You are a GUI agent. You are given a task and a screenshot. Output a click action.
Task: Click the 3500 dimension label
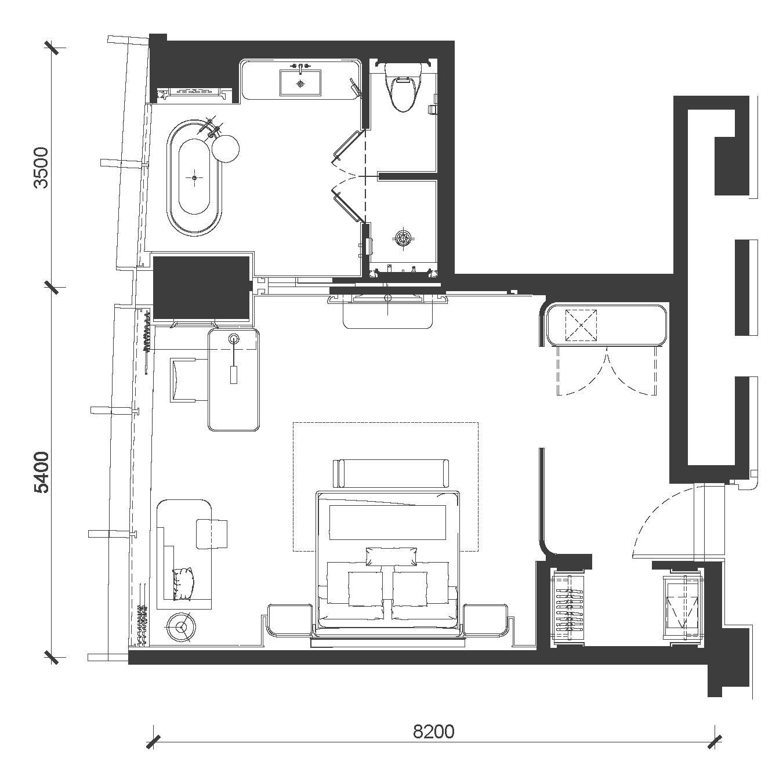click(41, 168)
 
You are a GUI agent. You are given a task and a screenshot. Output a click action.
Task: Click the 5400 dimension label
click(41, 473)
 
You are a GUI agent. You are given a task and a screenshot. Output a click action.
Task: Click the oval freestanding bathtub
click(194, 178)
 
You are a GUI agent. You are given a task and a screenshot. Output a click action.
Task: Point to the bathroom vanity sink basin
click(300, 83)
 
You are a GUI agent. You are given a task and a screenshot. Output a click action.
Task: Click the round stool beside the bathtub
click(225, 148)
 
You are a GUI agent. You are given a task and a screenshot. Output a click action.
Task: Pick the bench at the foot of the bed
click(391, 473)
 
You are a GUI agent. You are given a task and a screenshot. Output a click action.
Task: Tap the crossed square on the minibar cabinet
click(581, 325)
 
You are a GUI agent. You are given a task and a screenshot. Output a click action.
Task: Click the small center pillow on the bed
click(391, 557)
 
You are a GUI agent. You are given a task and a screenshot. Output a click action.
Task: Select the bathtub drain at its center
click(194, 178)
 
